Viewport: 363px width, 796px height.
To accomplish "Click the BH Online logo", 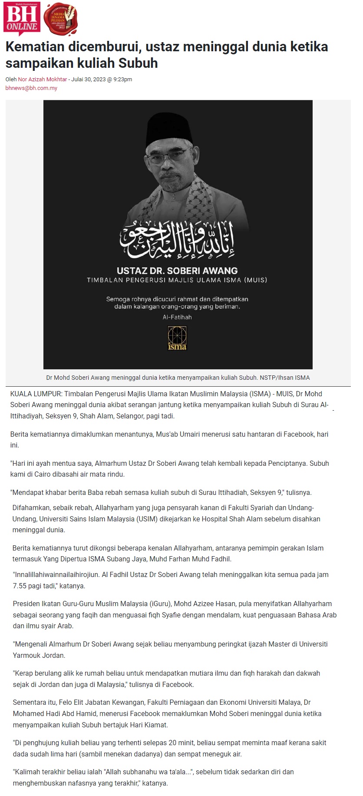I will tap(22, 18).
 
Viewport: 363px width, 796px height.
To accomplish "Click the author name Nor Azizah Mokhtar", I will tap(43, 80).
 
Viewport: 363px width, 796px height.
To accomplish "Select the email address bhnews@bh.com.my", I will tap(31, 88).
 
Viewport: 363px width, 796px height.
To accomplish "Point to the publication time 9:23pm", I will tap(123, 80).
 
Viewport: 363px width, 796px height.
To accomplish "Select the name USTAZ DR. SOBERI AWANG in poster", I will tap(177, 271).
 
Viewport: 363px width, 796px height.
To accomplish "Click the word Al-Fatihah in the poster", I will tap(177, 317).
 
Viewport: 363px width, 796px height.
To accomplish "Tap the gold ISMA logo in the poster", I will tap(177, 338).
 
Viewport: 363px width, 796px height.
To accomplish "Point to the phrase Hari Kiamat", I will tap(149, 725).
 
